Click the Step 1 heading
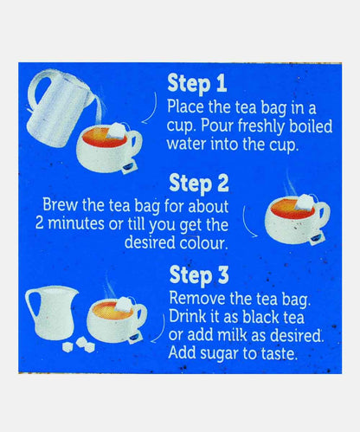197,83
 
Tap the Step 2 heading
199,184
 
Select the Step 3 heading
199,275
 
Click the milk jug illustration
52,313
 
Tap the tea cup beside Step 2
297,219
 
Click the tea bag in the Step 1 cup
116,131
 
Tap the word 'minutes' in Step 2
75,224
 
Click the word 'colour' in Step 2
203,242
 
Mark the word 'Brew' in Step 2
61,204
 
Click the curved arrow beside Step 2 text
248,222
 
